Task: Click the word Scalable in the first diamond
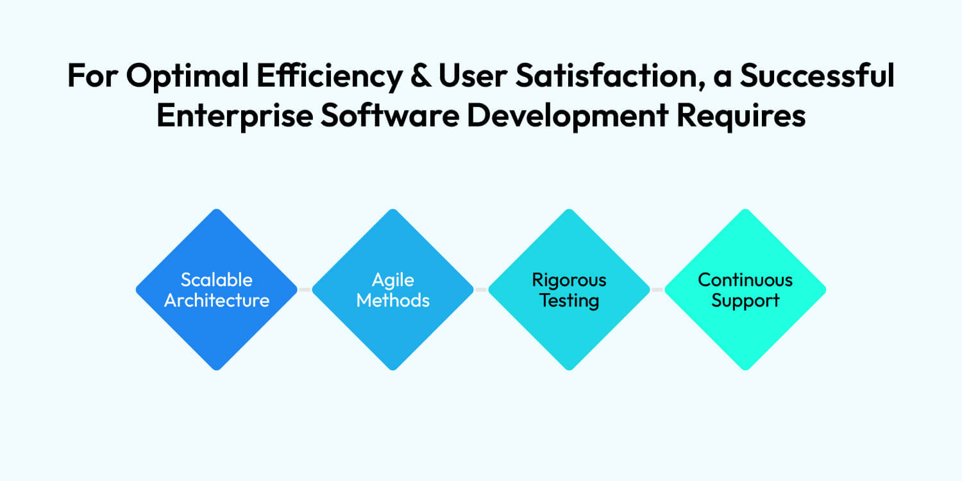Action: point(217,280)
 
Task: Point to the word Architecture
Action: point(217,300)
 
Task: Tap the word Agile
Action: point(393,280)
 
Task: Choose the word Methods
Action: point(393,300)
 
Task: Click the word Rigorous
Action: point(569,280)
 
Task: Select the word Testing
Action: point(569,300)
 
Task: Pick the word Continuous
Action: point(745,280)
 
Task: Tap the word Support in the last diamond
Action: point(745,300)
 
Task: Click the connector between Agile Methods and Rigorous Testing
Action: point(481,290)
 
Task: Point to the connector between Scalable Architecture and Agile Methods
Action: point(305,290)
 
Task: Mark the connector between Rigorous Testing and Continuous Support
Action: point(657,290)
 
